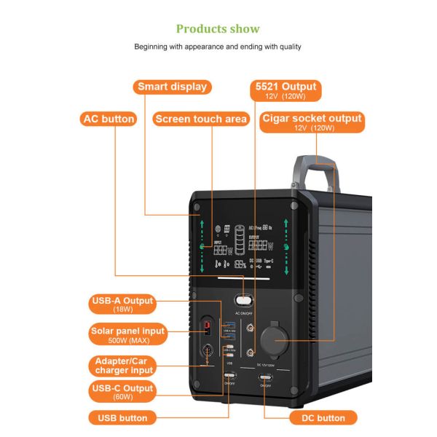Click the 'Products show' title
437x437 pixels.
(218, 28)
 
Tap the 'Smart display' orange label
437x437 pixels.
(172, 87)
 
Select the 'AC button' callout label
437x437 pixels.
(109, 119)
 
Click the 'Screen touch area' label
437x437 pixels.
(201, 119)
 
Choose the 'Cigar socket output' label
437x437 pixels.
(312, 118)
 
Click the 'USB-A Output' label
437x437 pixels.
(122, 300)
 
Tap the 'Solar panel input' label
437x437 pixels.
(128, 331)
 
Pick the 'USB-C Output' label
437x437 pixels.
(122, 388)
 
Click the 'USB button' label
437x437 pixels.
(122, 418)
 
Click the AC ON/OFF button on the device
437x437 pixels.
(243, 299)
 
